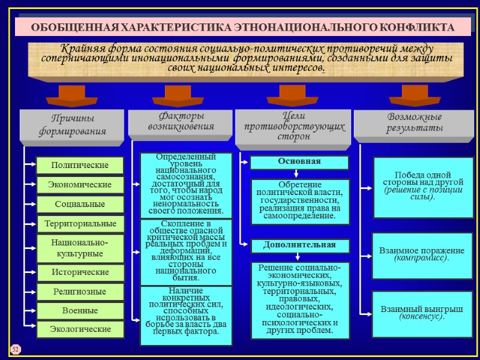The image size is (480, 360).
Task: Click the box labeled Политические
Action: click(x=80, y=165)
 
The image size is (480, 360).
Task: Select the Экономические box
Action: click(x=80, y=185)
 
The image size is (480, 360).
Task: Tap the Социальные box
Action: click(x=80, y=204)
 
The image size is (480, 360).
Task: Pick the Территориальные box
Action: click(x=80, y=224)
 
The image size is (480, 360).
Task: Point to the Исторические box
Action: click(x=80, y=272)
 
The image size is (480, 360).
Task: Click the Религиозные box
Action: click(x=80, y=292)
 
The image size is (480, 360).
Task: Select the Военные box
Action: click(x=80, y=311)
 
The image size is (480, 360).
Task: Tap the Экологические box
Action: click(x=80, y=329)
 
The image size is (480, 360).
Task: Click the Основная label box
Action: click(x=299, y=162)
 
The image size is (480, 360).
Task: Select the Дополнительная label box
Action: click(x=299, y=245)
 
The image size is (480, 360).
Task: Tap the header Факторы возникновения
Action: click(x=181, y=121)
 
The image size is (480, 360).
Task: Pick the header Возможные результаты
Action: click(x=415, y=123)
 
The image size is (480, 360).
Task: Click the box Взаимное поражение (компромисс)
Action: click(x=422, y=254)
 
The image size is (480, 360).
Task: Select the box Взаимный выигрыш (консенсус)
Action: click(x=422, y=313)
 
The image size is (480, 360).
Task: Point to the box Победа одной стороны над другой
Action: click(x=422, y=187)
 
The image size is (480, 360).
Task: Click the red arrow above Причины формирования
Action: click(x=72, y=94)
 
